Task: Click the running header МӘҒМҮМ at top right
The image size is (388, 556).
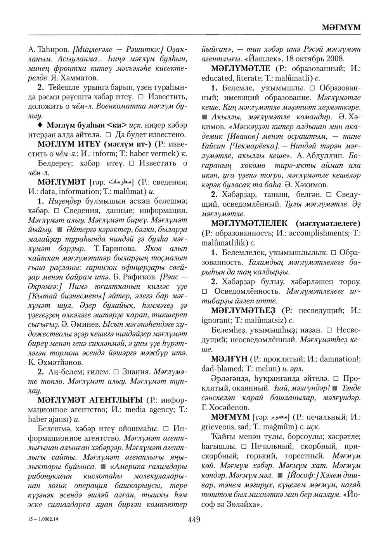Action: point(341,28)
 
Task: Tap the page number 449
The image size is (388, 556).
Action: point(194,519)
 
